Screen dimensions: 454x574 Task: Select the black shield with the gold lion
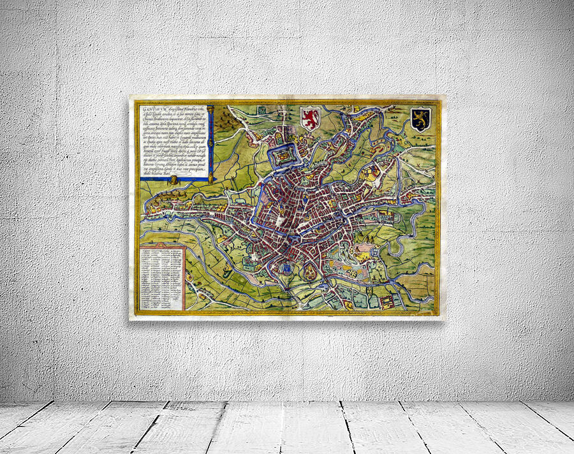click(x=420, y=119)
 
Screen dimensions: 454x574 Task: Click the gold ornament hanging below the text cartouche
click(x=173, y=181)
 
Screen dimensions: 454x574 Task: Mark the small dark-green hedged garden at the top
click(x=261, y=110)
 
